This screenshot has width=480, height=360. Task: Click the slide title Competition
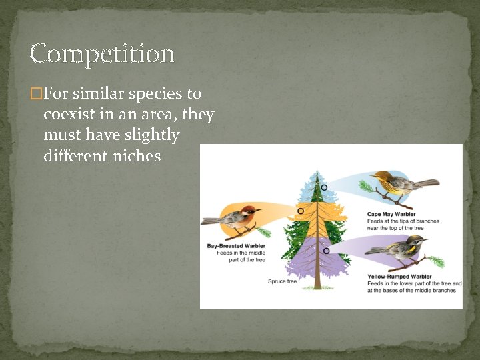102,54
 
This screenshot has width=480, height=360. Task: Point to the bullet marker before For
37,94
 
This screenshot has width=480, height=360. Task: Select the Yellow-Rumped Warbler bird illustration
400,249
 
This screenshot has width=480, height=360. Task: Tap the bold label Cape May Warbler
391,214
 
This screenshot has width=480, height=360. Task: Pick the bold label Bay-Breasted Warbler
236,246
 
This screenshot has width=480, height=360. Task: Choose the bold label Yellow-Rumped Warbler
399,276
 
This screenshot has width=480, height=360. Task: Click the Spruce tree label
282,281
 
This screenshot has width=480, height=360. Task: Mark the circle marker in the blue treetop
324,187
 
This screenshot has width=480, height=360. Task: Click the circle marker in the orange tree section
301,211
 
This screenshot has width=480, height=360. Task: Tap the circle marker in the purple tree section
326,251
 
